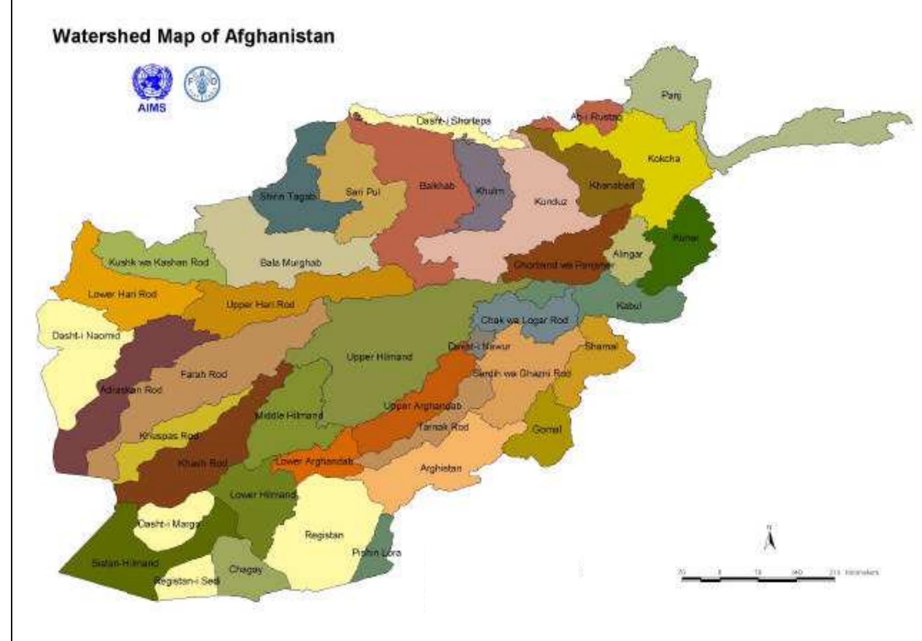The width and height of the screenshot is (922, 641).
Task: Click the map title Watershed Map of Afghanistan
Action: click(x=194, y=36)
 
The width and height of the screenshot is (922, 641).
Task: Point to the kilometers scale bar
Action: click(x=758, y=578)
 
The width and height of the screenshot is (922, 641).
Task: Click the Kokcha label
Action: click(x=663, y=159)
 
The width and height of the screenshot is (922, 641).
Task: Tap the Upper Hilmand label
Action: click(x=379, y=357)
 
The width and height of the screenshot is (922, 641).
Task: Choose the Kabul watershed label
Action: click(x=629, y=306)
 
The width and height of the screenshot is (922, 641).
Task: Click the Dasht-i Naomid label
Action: click(x=86, y=336)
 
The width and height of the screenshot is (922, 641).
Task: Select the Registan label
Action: click(x=324, y=535)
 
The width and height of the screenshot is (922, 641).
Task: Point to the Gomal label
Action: click(x=546, y=429)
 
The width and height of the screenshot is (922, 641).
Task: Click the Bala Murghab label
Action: click(x=291, y=263)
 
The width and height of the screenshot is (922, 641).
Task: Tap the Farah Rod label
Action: click(x=203, y=375)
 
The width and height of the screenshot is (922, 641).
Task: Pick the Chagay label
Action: click(x=246, y=570)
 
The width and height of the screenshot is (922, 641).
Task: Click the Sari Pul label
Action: click(x=362, y=192)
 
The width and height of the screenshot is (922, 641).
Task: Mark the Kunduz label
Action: click(x=550, y=201)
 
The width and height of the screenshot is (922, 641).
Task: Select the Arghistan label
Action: click(x=440, y=468)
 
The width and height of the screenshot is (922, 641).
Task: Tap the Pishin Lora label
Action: click(x=376, y=553)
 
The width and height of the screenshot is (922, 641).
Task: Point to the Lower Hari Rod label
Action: click(x=122, y=294)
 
